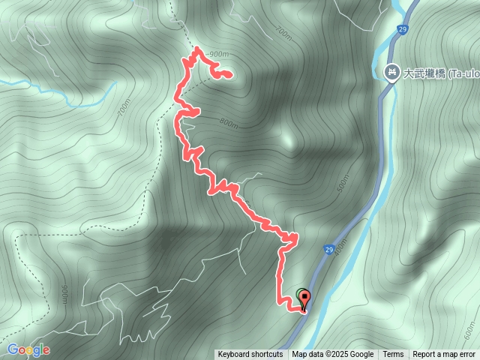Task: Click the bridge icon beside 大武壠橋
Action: click(391, 72)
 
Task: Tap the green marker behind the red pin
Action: click(301, 295)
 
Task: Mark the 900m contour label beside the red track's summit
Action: click(219, 54)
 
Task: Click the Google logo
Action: click(28, 349)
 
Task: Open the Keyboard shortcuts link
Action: click(250, 355)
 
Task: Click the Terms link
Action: click(393, 355)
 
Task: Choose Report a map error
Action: click(444, 355)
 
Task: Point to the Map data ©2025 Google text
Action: click(333, 355)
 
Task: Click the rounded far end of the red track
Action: click(226, 74)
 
